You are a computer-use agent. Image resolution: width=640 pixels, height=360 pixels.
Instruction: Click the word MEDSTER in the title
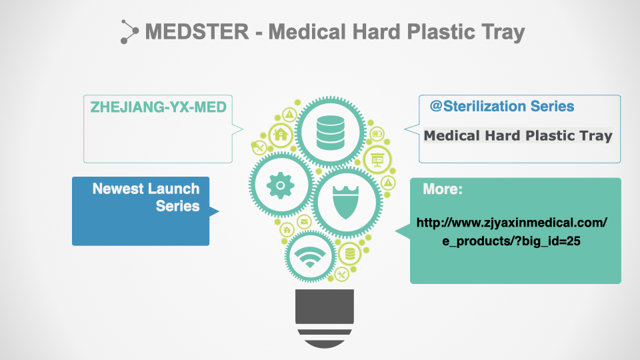point(197,32)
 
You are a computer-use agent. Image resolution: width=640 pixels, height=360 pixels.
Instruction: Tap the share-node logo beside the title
point(129,31)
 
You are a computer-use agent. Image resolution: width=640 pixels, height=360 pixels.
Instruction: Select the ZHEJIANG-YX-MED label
point(159,107)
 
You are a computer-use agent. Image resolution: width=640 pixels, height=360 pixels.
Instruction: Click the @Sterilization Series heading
point(502,106)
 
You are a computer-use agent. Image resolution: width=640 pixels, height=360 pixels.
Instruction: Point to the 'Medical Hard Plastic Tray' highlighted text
point(518,135)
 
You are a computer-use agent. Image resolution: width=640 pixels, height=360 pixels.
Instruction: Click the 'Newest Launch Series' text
point(146,197)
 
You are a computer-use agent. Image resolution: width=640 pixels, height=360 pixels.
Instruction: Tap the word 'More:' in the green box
point(443,189)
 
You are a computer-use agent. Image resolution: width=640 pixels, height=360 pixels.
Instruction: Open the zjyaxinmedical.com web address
point(511,232)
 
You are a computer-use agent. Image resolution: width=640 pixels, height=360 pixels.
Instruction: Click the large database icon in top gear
point(330,133)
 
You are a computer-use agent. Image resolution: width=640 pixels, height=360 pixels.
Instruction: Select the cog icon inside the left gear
point(281,185)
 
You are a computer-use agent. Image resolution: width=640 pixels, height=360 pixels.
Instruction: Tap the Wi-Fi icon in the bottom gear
point(310,257)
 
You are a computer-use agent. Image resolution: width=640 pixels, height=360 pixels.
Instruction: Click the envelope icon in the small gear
point(304,222)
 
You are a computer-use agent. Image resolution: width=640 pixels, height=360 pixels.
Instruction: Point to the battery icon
point(377,133)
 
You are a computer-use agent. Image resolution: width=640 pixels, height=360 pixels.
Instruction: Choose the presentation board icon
point(377,159)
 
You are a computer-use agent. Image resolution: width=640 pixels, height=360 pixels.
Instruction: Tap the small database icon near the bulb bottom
point(350,254)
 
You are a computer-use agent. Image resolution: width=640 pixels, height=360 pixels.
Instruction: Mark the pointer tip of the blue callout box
point(219,211)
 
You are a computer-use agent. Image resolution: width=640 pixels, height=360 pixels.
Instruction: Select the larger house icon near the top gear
point(281,134)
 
